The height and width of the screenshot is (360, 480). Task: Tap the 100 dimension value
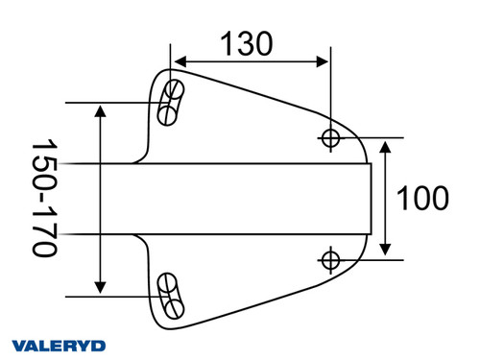coord(422,199)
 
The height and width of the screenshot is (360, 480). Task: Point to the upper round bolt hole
coord(330,138)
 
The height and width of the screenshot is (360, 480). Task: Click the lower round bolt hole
coord(330,259)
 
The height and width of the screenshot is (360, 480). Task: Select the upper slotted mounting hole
coord(171,103)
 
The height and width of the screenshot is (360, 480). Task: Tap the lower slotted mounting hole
coord(171,295)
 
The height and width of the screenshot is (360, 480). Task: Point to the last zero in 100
coord(438,199)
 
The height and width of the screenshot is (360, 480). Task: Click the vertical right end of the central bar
coord(372,199)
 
